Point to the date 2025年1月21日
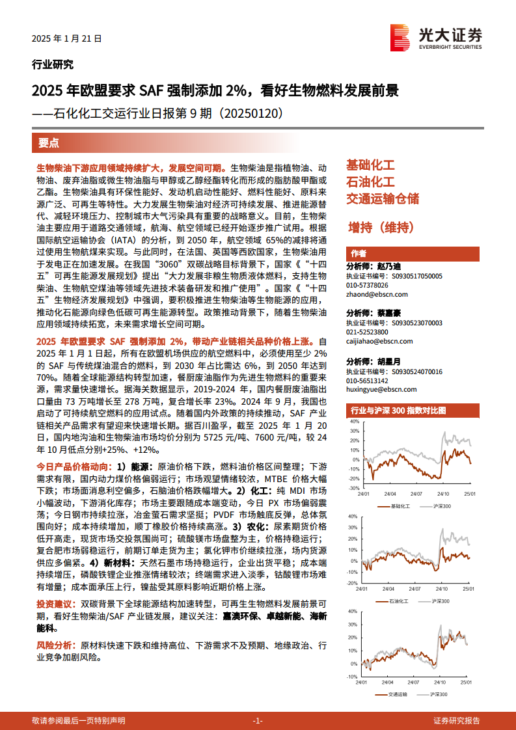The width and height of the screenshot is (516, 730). tap(67, 39)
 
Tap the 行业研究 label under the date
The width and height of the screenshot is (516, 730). tap(52, 64)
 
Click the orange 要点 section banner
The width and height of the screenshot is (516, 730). tap(48, 142)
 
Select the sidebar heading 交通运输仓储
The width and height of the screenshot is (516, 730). tap(382, 198)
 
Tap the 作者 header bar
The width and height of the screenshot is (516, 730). tap(359, 253)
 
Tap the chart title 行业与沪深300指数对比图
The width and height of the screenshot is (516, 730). tap(398, 411)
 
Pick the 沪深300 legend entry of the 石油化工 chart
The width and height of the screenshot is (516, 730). tap(441, 600)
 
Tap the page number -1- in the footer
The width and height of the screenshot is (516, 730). tap(257, 720)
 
